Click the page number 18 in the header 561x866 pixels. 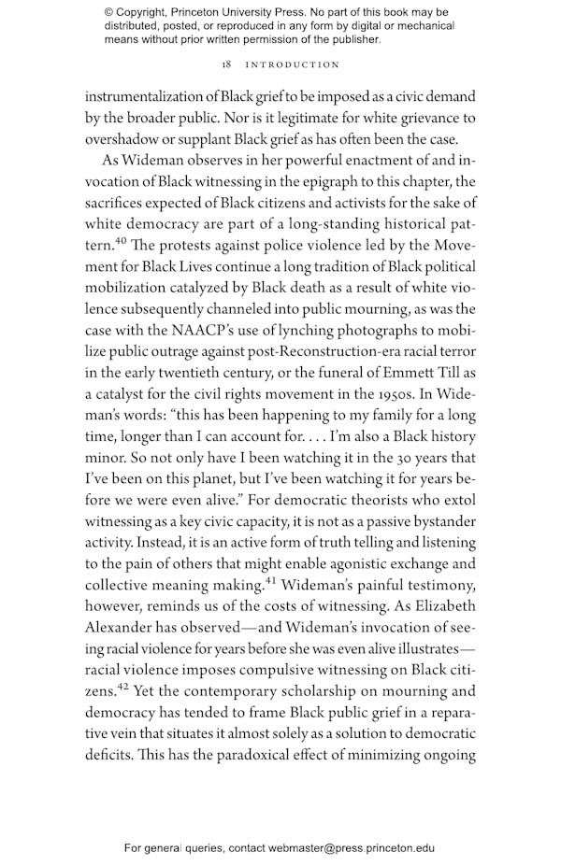(x=227, y=64)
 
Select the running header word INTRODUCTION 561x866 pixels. (x=293, y=64)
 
